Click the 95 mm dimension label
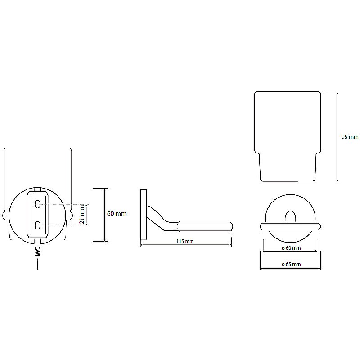coord(350,137)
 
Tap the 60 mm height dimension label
coord(117,214)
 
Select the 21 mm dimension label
coord(82,215)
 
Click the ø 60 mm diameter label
coord(291,248)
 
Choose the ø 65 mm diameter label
coord(291,264)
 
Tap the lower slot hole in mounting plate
coord(38,224)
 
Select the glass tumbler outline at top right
coord(288,135)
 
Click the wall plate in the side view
coord(144,214)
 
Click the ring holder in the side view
coord(206,225)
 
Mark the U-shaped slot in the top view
coord(290,216)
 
